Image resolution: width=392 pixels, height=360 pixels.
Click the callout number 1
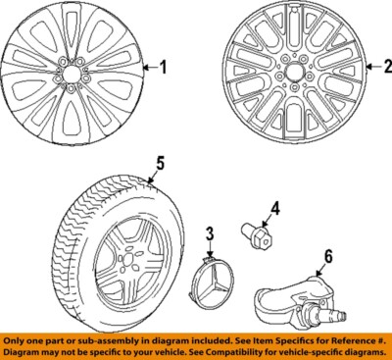pyautogui.click(x=164, y=68)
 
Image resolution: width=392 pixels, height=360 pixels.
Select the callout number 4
pyautogui.click(x=275, y=207)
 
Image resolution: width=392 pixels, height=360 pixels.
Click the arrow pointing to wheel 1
pyautogui.click(x=148, y=68)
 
